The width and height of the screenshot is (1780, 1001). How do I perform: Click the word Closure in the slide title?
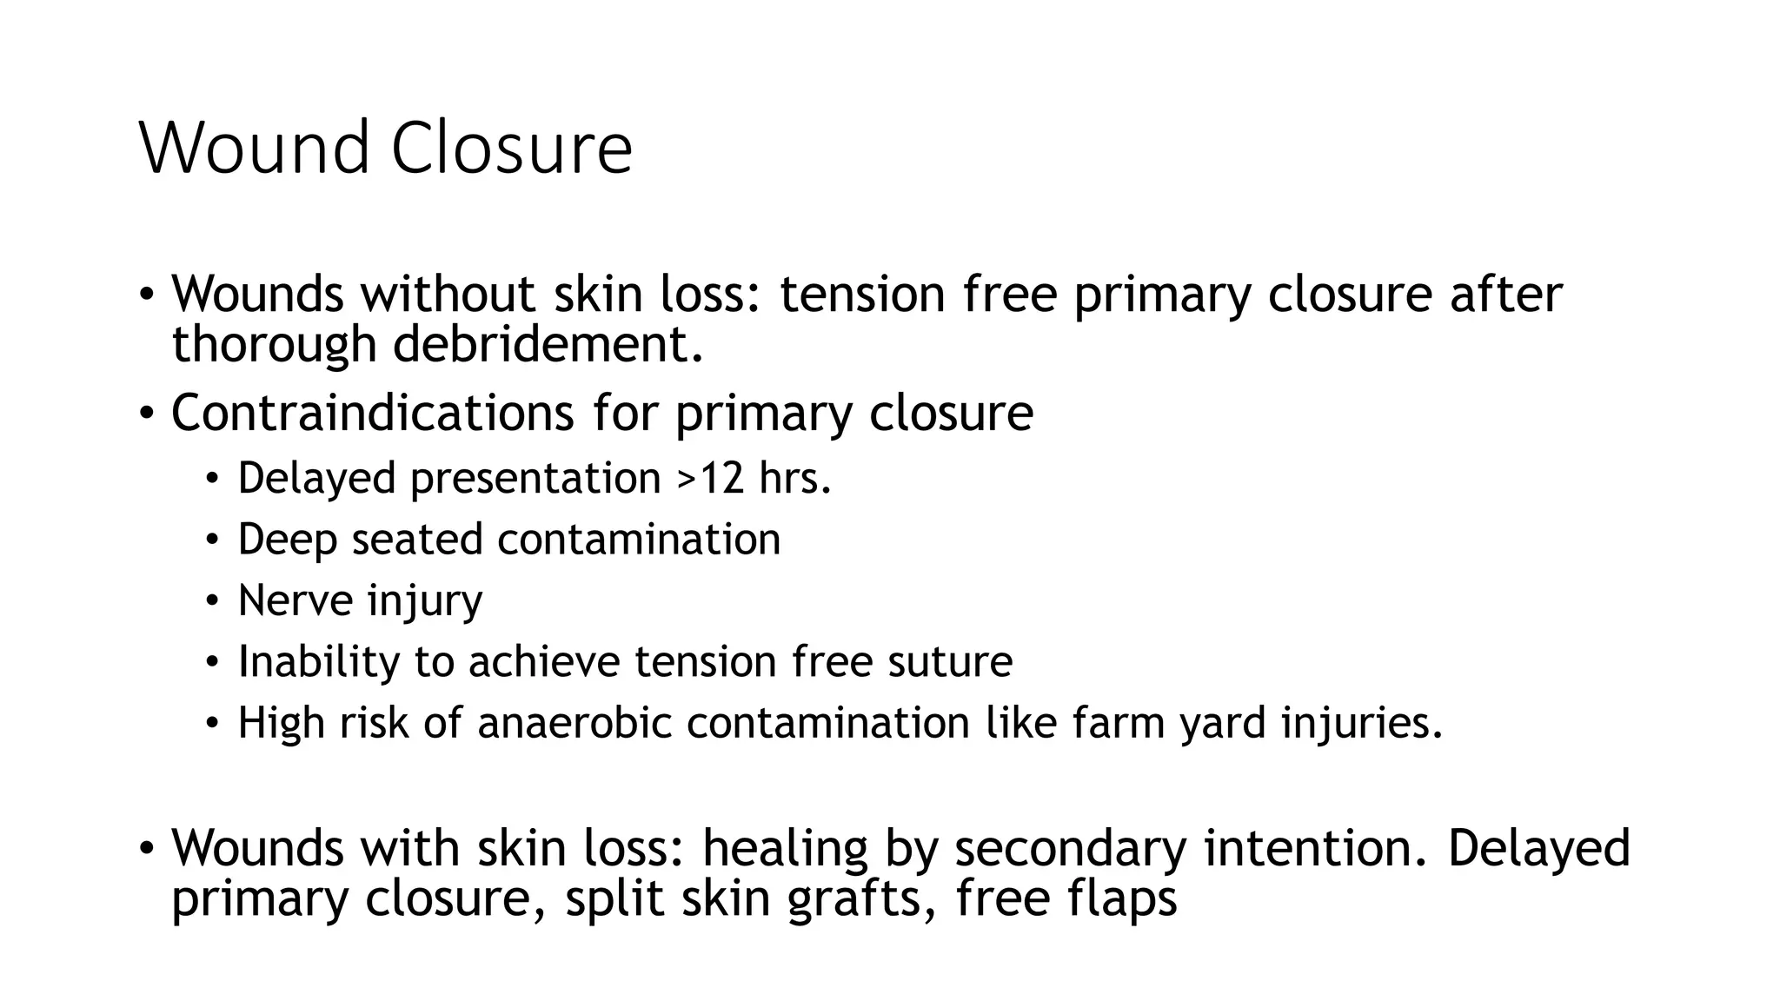point(511,148)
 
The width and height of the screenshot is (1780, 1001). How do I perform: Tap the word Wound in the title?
point(255,148)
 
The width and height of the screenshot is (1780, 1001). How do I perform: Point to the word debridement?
point(548,344)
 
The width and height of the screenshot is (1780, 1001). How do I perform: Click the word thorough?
point(272,344)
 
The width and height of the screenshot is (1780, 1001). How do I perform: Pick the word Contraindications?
point(372,412)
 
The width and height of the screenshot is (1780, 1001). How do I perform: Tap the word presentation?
point(535,478)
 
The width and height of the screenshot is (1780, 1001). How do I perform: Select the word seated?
point(416,540)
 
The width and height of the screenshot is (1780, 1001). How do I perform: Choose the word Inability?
point(318,661)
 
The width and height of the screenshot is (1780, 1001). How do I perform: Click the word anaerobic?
point(575,723)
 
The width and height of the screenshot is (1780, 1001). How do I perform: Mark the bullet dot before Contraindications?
point(146,414)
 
